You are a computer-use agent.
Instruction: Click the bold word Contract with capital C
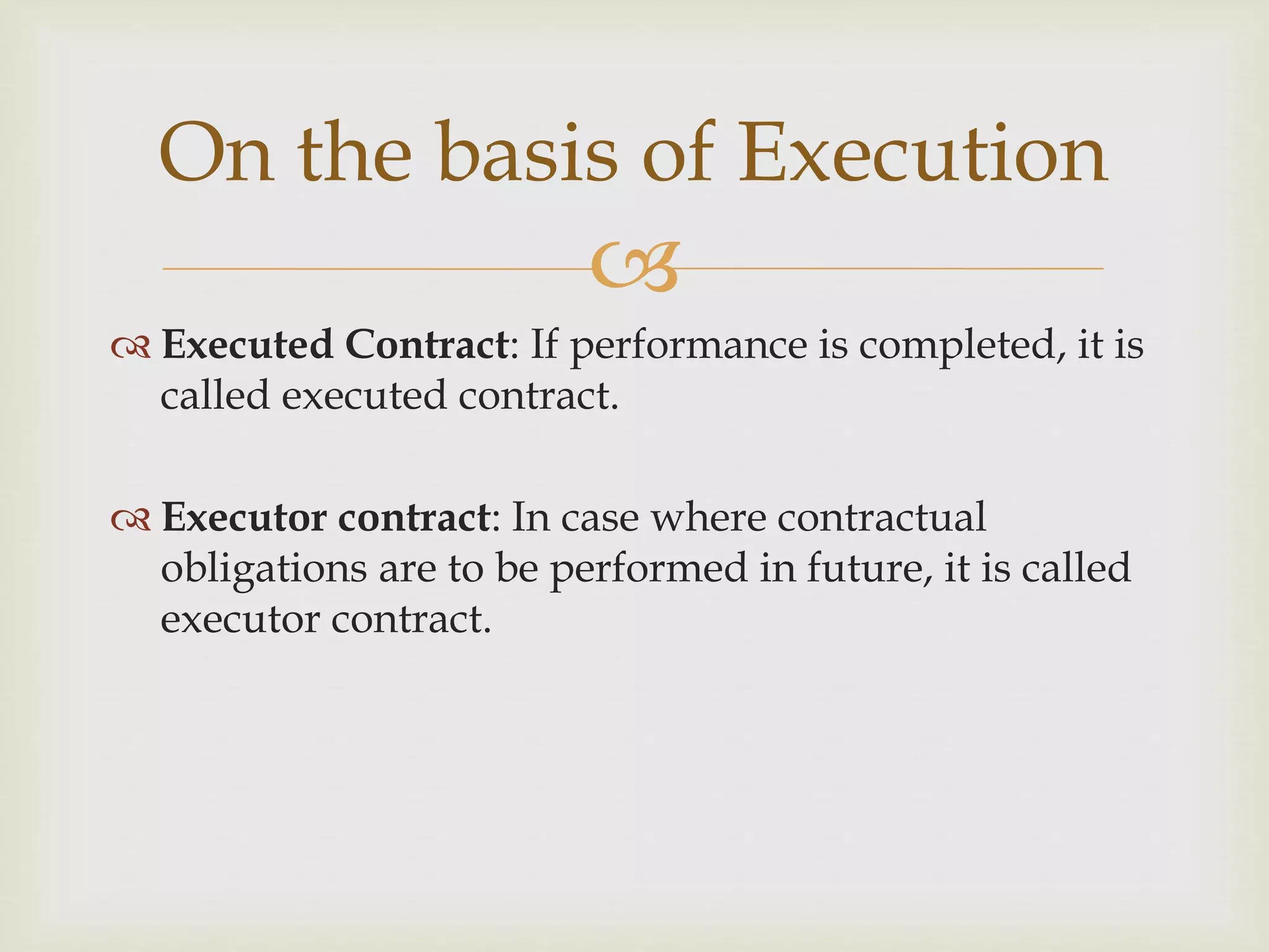click(x=427, y=345)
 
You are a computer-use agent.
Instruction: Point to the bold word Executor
click(x=244, y=517)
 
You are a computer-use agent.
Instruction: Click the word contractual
click(x=881, y=517)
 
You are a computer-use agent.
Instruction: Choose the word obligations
click(x=263, y=569)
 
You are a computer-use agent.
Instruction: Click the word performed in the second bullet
click(x=649, y=569)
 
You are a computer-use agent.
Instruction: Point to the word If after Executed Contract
click(x=543, y=345)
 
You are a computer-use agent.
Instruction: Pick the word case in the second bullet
click(x=600, y=518)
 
